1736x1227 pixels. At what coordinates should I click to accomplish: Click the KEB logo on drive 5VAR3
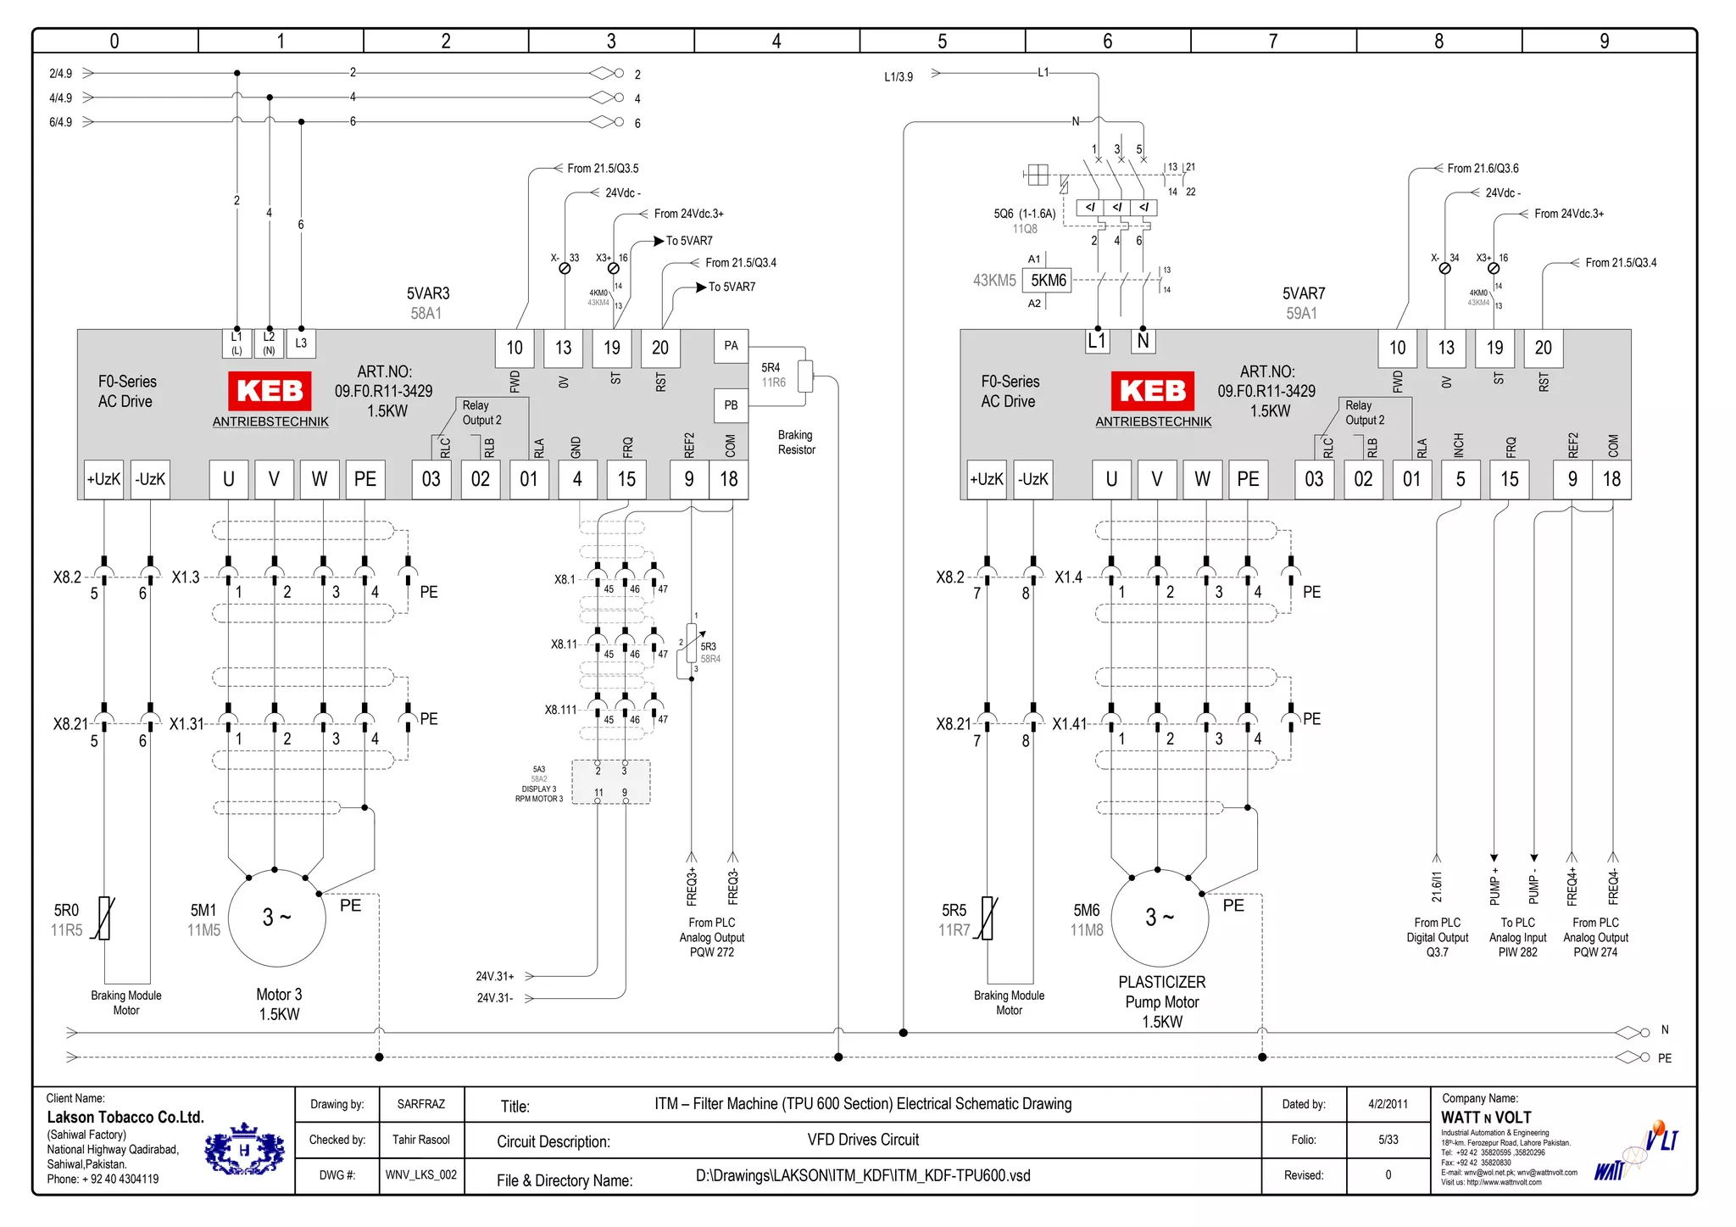(270, 391)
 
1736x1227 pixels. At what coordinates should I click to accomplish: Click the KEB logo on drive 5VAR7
(1152, 391)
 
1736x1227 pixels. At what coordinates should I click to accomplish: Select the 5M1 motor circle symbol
(277, 918)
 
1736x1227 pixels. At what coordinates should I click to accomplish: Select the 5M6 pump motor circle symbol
(1160, 918)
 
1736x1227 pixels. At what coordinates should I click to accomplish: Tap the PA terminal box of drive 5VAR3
(731, 346)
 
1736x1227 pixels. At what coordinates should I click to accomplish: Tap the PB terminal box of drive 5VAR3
(731, 405)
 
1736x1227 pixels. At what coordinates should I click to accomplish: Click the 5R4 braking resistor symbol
(805, 376)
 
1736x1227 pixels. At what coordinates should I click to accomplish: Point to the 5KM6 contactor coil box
(1048, 281)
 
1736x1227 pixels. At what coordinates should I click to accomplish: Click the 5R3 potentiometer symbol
(691, 645)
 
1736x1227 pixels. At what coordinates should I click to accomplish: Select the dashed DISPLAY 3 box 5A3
(611, 782)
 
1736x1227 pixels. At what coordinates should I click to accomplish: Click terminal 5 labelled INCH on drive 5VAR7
(1460, 479)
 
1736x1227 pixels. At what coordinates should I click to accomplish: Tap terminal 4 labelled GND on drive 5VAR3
(577, 479)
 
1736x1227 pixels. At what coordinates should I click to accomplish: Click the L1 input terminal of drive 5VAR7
(1097, 341)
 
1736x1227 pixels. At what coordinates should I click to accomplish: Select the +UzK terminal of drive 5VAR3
(103, 479)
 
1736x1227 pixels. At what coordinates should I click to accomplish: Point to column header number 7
(1272, 41)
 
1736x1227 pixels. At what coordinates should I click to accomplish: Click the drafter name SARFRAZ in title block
(420, 1104)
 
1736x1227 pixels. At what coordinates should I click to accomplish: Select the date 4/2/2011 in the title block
(1388, 1104)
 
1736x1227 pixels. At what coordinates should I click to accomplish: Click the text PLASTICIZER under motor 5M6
(1161, 982)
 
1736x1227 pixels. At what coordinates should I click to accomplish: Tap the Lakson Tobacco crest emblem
(244, 1150)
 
